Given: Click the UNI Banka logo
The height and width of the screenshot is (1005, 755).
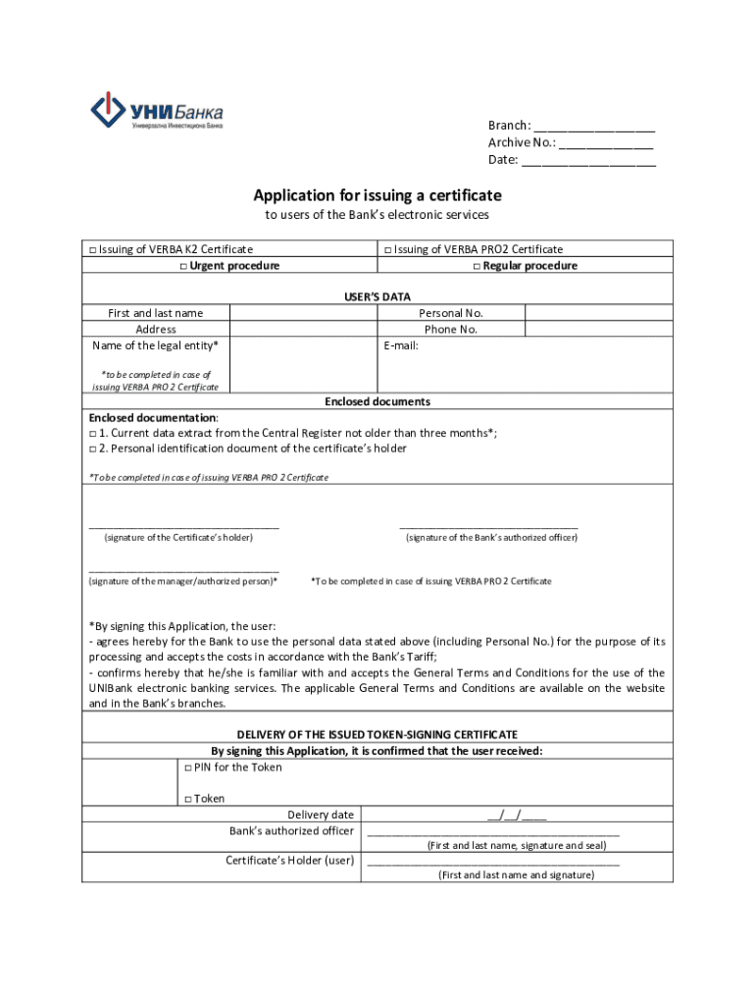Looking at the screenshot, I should click(x=156, y=111).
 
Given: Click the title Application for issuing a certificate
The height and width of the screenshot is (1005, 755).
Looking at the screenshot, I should click(x=377, y=195).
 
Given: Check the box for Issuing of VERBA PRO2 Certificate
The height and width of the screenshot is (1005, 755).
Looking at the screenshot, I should click(x=388, y=250).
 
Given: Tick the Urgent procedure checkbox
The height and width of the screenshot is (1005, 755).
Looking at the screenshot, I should click(x=183, y=267).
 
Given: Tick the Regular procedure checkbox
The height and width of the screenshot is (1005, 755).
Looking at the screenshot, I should click(x=477, y=267).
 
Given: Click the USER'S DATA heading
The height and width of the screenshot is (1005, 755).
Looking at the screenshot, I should click(x=377, y=296).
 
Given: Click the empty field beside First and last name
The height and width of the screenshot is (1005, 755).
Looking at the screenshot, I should click(x=303, y=313).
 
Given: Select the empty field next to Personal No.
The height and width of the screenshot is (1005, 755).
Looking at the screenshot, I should click(x=598, y=313).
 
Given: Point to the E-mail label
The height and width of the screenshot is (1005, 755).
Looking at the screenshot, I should click(x=402, y=345).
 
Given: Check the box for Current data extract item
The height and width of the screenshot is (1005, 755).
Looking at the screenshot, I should click(x=93, y=434).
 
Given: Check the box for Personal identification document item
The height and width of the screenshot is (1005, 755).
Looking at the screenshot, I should click(x=93, y=450).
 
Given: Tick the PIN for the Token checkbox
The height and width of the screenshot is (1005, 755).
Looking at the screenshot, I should click(x=187, y=767).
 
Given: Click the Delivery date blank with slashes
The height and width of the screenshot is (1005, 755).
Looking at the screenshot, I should click(x=517, y=815).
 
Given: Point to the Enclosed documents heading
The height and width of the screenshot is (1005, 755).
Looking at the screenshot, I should click(x=377, y=401).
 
